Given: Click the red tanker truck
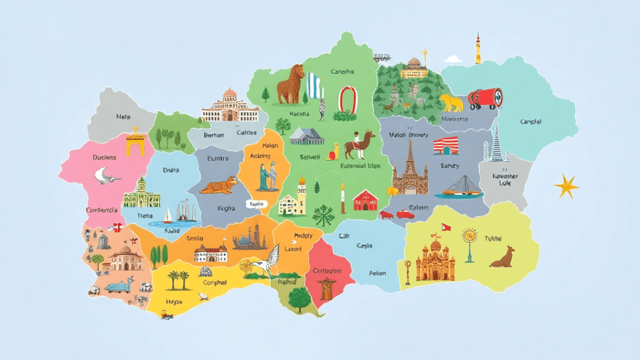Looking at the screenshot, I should click(485, 99).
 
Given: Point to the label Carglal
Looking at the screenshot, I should click(531, 121).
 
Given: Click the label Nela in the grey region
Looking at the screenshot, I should click(123, 117).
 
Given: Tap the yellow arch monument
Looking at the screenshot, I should click(135, 143).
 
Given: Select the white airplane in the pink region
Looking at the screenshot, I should click(107, 176).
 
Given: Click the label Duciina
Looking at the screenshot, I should click(104, 158).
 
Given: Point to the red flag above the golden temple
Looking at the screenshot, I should click(445, 227).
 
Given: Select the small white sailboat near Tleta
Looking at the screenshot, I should click(167, 215).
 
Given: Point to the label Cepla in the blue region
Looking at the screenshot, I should click(364, 245).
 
